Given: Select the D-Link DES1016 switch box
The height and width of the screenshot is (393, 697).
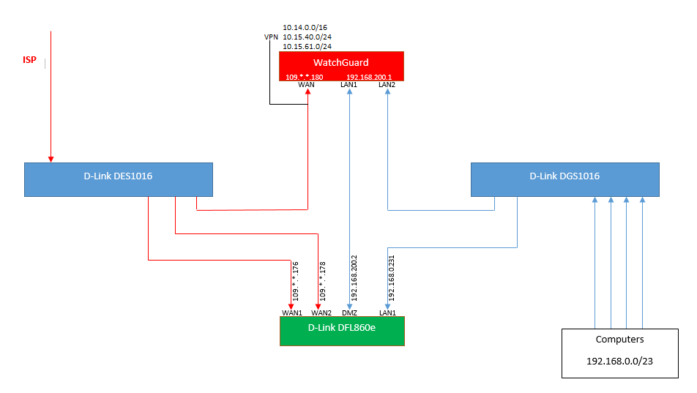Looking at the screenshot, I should click(x=118, y=176).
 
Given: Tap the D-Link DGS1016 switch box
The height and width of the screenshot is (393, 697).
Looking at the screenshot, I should click(x=564, y=176).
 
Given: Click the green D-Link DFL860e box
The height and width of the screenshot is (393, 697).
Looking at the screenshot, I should click(x=342, y=328).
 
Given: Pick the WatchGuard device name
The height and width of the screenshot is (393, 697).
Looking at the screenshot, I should click(x=341, y=63).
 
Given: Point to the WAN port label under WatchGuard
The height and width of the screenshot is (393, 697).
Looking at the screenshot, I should click(x=306, y=85).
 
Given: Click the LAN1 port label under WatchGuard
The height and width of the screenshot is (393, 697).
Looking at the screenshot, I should click(x=348, y=85).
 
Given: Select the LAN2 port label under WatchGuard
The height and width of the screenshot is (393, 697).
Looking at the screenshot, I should click(x=387, y=85).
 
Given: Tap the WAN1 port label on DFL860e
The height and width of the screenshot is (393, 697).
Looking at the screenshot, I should click(x=292, y=312).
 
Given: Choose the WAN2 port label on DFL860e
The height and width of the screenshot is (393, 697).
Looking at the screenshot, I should click(x=321, y=312).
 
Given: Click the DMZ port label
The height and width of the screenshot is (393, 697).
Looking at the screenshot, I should click(x=349, y=312).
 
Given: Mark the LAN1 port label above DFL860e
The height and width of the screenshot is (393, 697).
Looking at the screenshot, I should click(x=387, y=312).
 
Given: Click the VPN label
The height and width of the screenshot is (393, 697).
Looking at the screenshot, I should click(x=271, y=37).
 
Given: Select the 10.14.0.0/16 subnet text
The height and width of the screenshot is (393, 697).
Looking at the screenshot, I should click(x=305, y=28).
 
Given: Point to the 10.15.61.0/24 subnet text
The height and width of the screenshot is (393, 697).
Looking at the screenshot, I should click(x=307, y=47).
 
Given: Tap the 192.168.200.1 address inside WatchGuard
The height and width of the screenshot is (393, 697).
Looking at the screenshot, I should click(x=369, y=76).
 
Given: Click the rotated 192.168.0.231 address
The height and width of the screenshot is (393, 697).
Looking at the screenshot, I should click(x=392, y=278).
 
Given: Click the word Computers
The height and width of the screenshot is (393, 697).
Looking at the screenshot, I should click(x=619, y=340).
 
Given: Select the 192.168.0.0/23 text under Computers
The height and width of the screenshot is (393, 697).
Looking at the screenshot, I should click(x=619, y=361).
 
